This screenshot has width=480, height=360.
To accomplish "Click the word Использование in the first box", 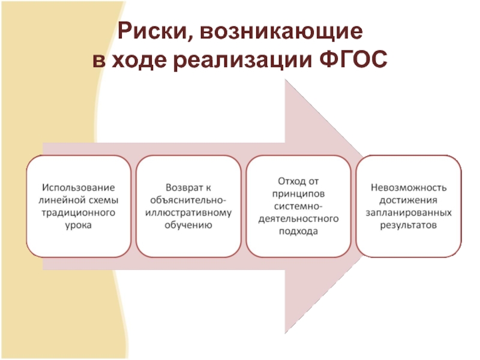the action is (x=77, y=187).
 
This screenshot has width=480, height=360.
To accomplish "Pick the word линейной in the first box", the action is (x=60, y=200).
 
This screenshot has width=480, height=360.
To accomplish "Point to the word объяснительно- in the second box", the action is (x=189, y=200).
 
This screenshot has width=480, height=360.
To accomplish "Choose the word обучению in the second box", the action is (x=189, y=225).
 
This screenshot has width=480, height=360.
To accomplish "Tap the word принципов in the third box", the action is (x=299, y=193).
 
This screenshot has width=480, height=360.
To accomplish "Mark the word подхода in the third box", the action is (x=299, y=231).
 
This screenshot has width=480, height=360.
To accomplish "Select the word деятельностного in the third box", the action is (x=299, y=218).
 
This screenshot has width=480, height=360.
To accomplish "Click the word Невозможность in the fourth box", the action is (x=409, y=187).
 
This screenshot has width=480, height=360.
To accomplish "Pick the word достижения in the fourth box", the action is (x=409, y=200).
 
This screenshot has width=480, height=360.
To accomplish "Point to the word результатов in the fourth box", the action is (x=409, y=225).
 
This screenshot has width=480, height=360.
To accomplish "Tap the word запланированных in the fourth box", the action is (x=409, y=212).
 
